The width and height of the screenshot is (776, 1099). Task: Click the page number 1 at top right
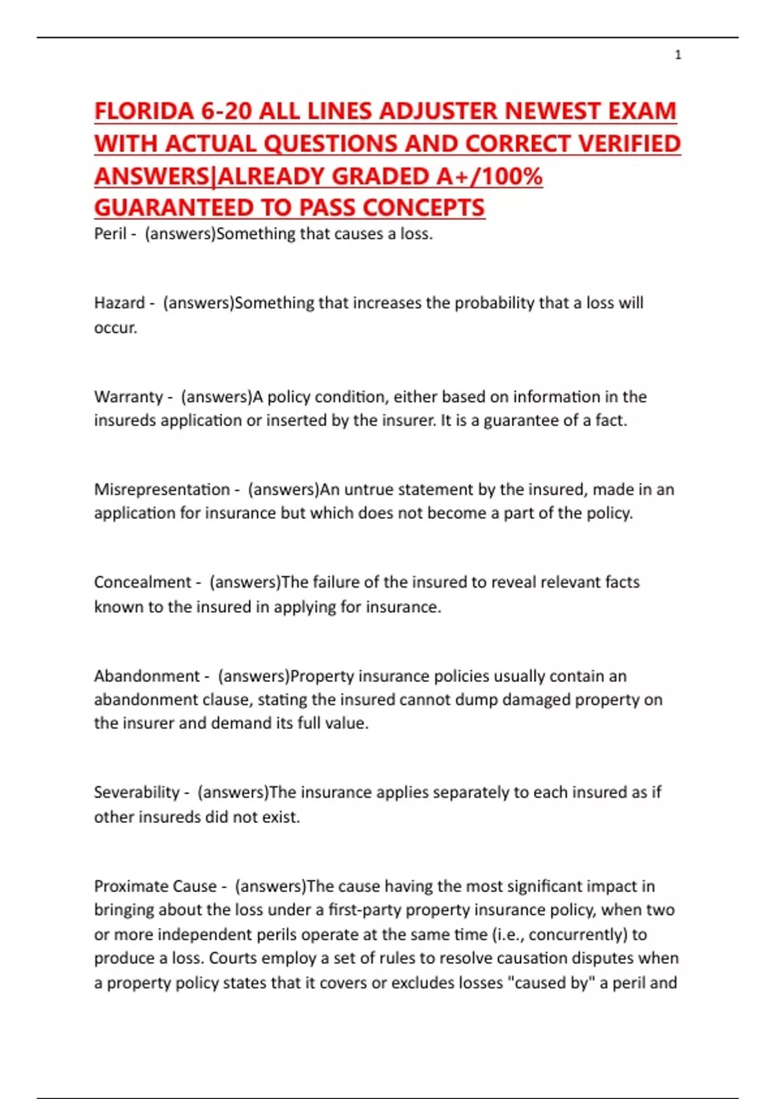[x=678, y=55]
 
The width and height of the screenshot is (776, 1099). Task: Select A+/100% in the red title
[x=497, y=176]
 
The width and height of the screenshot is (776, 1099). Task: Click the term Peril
[x=110, y=234]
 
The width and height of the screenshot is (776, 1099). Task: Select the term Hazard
[x=119, y=303]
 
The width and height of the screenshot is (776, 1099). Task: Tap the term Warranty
[x=128, y=396]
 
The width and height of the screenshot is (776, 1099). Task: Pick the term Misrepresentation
[x=162, y=489]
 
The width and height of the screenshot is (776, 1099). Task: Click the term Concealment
[x=142, y=582]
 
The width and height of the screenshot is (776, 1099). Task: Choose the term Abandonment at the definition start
[x=146, y=676]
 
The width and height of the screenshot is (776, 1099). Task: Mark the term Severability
[x=136, y=793]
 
